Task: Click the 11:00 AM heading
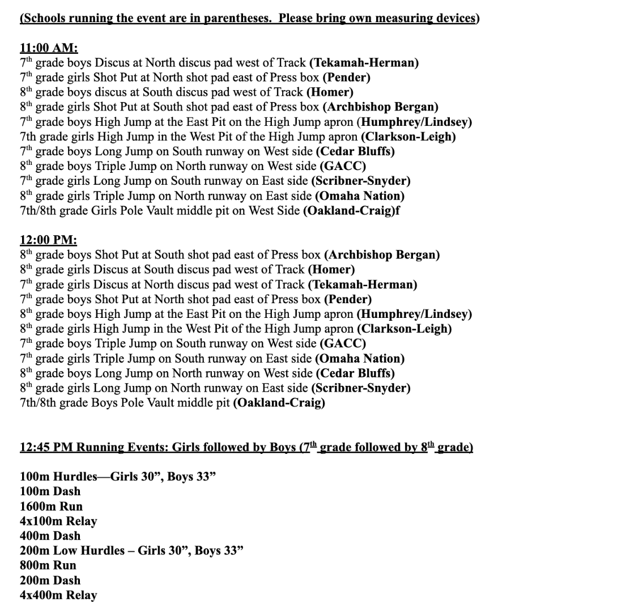[x=49, y=48]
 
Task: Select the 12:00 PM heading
[x=48, y=240]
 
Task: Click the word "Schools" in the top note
[x=42, y=18]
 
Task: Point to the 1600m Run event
[x=52, y=506]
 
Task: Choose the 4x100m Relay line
[x=58, y=521]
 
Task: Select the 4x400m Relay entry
[x=58, y=595]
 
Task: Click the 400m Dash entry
[x=50, y=535]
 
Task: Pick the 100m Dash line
[x=50, y=491]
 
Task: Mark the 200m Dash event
[x=50, y=580]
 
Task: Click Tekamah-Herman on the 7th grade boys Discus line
[x=364, y=62]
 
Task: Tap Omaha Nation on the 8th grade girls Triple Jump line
[x=359, y=196]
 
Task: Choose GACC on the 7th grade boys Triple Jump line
[x=343, y=343]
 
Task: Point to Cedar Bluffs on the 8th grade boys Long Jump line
[x=355, y=373]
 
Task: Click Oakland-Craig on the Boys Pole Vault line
[x=279, y=403]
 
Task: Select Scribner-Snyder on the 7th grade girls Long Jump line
[x=361, y=181]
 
